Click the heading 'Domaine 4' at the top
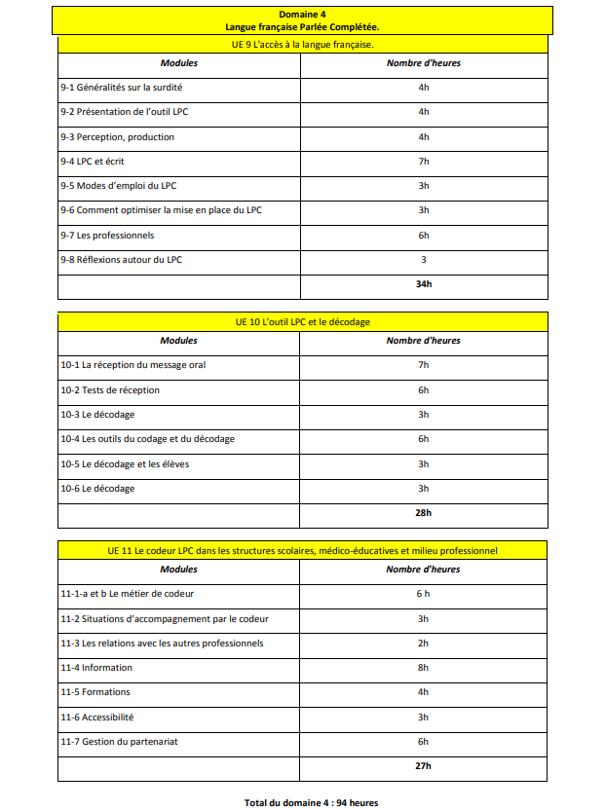click(x=303, y=15)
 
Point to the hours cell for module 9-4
click(x=423, y=162)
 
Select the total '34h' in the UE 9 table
click(x=423, y=285)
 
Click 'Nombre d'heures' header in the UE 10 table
click(x=423, y=341)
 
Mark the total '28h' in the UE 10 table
click(x=423, y=513)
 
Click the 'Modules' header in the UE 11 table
click(x=178, y=569)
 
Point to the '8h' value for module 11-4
click(x=423, y=668)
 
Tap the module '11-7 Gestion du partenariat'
click(x=119, y=742)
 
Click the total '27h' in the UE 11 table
click(x=423, y=767)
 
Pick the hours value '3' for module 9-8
click(x=423, y=260)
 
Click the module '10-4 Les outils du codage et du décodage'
click(x=147, y=439)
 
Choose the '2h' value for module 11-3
click(x=423, y=644)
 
